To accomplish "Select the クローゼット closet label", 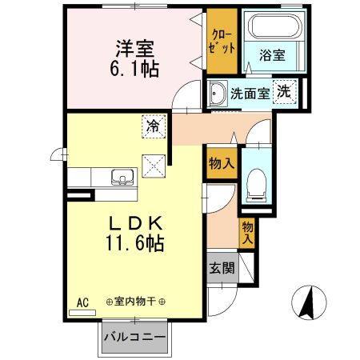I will pyautogui.click(x=222, y=41).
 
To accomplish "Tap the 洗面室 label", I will pyautogui.click(x=250, y=94).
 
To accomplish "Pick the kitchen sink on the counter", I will pyautogui.click(x=121, y=178).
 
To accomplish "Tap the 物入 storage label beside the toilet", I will pyautogui.click(x=222, y=163).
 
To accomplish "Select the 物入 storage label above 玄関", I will pyautogui.click(x=247, y=232).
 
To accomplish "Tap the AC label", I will pyautogui.click(x=82, y=302).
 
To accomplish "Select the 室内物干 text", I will pyautogui.click(x=135, y=302).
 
